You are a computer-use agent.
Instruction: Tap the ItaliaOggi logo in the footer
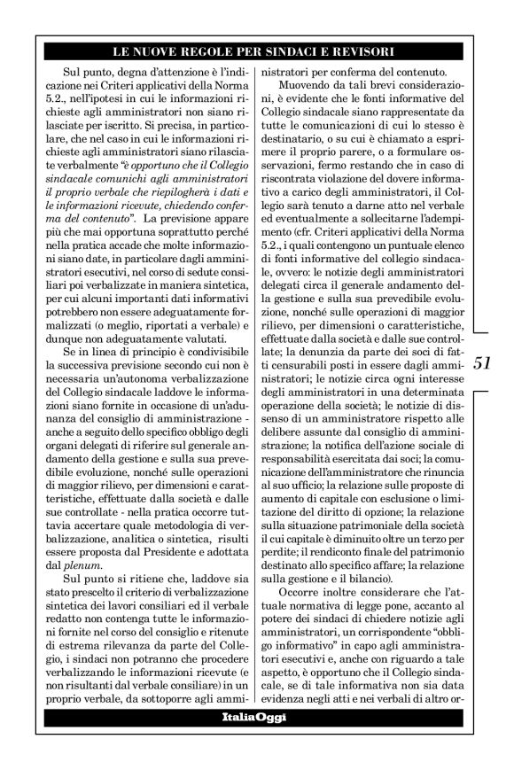pos(253,717)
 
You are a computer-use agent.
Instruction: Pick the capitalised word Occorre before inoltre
pos(301,591)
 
